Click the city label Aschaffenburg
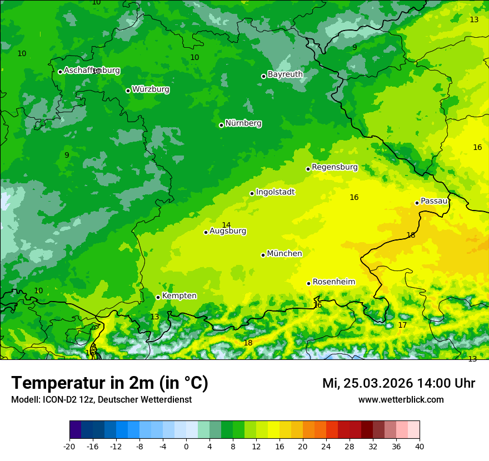[92, 71]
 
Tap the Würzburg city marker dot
[128, 91]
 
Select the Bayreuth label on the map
[285, 74]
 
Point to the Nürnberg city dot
[221, 125]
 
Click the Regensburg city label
[335, 167]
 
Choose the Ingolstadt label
[275, 192]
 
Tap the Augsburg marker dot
[206, 232]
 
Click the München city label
[285, 254]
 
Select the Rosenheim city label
[333, 282]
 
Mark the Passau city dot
[417, 203]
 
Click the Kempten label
[179, 296]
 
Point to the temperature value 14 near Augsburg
[226, 225]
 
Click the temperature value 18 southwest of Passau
[411, 235]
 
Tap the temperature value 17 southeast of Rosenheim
[402, 325]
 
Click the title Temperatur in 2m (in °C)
[109, 383]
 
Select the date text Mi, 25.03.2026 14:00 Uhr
[398, 383]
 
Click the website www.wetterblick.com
[401, 400]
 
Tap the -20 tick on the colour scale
[69, 446]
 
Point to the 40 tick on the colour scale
[420, 446]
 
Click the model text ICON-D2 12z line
[101, 400]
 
